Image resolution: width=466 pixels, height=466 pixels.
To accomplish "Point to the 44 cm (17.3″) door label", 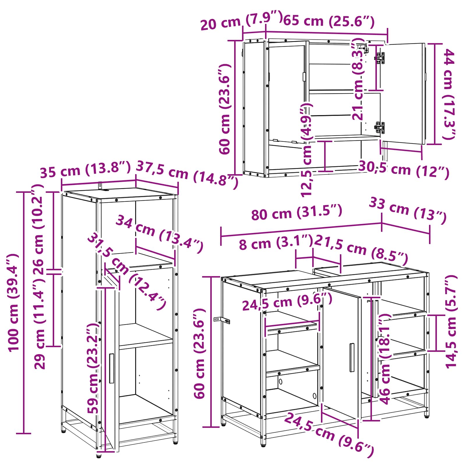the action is pyautogui.click(x=449, y=94).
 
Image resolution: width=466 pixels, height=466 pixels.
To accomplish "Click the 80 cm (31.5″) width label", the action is pyautogui.click(x=296, y=212).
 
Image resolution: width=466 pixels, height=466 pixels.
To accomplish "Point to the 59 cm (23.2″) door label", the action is pyautogui.click(x=93, y=368).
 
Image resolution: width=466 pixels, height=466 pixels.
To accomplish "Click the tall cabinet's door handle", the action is pyautogui.click(x=112, y=368).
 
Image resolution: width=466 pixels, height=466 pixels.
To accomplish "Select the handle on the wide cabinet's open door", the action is pyautogui.click(x=352, y=357).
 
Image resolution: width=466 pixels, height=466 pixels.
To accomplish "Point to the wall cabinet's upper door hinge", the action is pyautogui.click(x=379, y=58).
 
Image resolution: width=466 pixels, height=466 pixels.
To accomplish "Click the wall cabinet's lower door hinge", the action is pyautogui.click(x=379, y=128).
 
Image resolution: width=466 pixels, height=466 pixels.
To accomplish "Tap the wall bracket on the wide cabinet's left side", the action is pyautogui.click(x=222, y=320).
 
